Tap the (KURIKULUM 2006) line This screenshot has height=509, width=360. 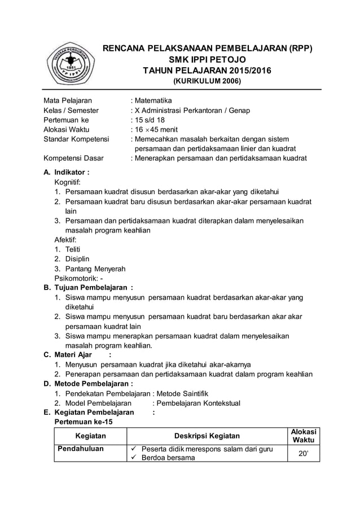207,81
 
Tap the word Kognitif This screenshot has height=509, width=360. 67,182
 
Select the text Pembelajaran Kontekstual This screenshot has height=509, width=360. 198,403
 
